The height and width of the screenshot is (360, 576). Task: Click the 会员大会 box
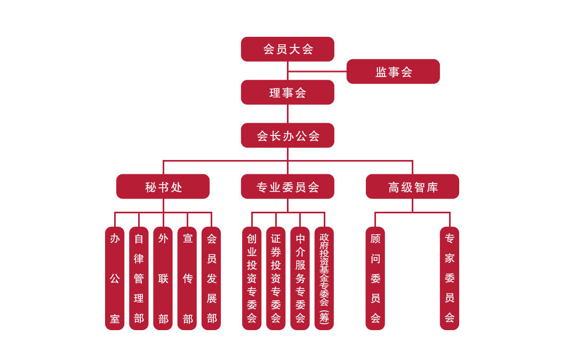click(287, 49)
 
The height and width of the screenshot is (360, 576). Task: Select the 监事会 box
click(393, 71)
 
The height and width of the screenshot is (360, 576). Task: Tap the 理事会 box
click(287, 92)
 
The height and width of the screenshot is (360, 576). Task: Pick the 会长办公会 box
click(287, 135)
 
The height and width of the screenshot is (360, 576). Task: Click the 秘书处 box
click(163, 187)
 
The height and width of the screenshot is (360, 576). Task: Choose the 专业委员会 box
click(287, 187)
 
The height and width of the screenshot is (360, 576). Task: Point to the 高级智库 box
click(412, 187)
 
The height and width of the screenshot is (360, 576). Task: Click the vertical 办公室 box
click(115, 278)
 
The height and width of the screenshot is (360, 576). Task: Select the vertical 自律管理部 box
click(139, 278)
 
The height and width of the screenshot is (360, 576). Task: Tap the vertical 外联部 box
click(163, 278)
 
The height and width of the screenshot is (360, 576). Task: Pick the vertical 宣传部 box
click(187, 278)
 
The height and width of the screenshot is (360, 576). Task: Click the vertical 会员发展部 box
click(211, 278)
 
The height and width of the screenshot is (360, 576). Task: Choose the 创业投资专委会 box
click(252, 278)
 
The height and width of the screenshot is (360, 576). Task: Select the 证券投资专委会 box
click(276, 278)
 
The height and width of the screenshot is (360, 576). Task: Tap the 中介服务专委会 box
click(300, 278)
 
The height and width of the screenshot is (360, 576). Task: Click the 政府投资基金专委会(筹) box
click(324, 278)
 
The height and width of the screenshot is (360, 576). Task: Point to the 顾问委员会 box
click(375, 278)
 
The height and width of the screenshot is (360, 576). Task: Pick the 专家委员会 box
click(450, 278)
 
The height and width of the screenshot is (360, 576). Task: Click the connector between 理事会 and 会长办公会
click(287, 114)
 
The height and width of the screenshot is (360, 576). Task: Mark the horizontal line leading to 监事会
click(317, 71)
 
